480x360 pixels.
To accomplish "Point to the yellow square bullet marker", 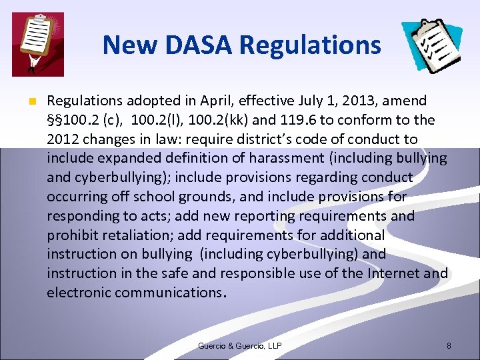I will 31,102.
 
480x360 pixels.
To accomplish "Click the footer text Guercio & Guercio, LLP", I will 239,345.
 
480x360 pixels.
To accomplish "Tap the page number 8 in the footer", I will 449,345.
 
